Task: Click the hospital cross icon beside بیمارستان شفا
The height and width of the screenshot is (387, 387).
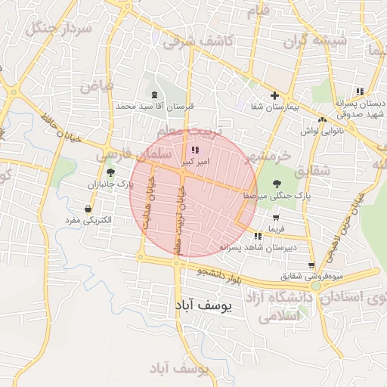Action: pyautogui.click(x=274, y=96)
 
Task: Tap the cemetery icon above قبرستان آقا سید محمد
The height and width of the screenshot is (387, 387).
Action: pyautogui.click(x=155, y=95)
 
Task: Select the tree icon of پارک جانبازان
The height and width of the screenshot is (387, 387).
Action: pyautogui.click(x=111, y=173)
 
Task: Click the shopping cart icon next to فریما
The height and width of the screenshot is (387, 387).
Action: pyautogui.click(x=275, y=217)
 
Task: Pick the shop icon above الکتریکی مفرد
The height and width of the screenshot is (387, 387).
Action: pyautogui.click(x=89, y=209)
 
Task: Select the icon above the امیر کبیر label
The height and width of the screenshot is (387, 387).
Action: pyautogui.click(x=197, y=150)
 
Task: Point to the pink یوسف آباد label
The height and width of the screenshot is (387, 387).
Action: pyautogui.click(x=179, y=368)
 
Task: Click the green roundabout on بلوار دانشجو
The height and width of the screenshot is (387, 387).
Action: pyautogui.click(x=315, y=286)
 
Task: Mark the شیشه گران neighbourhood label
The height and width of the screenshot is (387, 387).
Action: pyautogui.click(x=320, y=38)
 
